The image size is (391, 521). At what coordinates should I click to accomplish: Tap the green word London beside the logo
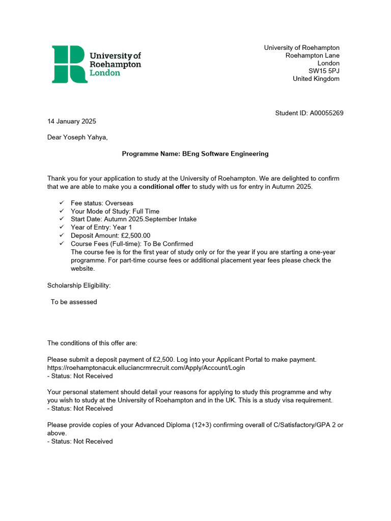point(105,73)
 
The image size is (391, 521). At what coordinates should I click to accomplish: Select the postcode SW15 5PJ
point(324,71)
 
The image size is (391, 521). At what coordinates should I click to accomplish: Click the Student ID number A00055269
point(326,113)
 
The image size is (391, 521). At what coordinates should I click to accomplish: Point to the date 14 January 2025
point(71,121)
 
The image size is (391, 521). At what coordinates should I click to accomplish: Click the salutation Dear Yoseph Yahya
point(77,137)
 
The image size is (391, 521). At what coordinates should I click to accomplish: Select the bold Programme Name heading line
point(195,154)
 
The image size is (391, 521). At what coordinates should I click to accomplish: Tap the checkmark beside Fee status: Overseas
point(62,203)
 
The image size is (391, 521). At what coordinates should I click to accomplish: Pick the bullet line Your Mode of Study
point(115,211)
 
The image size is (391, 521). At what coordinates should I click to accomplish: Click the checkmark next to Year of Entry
point(62,227)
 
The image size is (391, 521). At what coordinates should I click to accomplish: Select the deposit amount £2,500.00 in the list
point(132,236)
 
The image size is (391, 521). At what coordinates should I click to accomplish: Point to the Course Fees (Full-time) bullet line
point(132,244)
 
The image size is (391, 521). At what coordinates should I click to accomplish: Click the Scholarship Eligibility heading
point(79,285)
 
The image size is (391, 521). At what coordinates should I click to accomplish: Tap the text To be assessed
point(74,302)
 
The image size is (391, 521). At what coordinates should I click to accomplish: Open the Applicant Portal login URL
point(146,368)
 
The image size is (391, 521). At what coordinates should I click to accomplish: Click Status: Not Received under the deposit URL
point(80,376)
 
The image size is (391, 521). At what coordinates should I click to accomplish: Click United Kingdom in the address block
point(316,79)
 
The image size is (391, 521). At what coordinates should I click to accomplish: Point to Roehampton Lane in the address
point(312,55)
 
